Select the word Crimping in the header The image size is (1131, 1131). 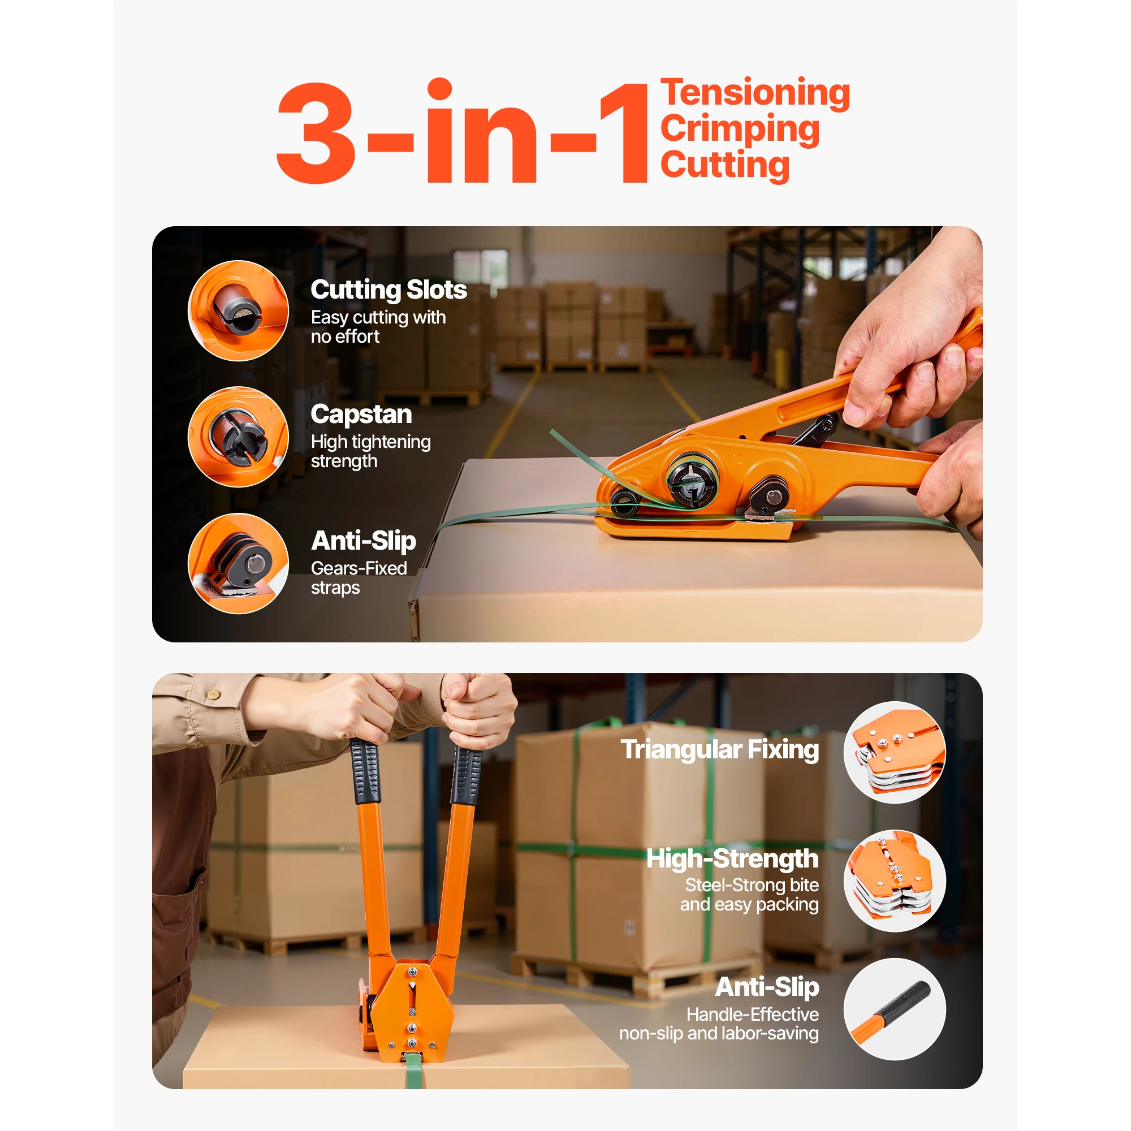click(740, 129)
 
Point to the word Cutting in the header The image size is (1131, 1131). click(725, 165)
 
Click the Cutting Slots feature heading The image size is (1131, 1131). click(388, 290)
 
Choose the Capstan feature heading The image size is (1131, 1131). click(361, 415)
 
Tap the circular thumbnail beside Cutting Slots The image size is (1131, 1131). click(238, 311)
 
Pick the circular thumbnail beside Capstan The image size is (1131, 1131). click(238, 437)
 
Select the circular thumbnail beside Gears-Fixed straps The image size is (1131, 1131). click(238, 563)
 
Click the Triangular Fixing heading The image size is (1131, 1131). click(719, 750)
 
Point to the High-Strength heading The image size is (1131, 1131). click(732, 859)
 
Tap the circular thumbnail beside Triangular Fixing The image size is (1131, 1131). click(894, 752)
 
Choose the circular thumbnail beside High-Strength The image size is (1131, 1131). click(894, 880)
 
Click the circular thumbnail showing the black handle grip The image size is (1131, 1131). click(894, 1009)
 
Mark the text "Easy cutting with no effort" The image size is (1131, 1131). click(378, 327)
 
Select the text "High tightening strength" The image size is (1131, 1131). click(370, 451)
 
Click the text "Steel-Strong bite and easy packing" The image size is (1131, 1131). click(749, 895)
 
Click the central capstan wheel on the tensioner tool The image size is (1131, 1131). click(693, 481)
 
